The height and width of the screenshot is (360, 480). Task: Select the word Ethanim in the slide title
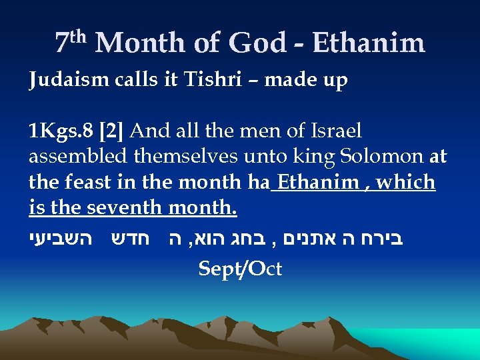click(369, 44)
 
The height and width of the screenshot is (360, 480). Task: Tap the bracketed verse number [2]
click(110, 131)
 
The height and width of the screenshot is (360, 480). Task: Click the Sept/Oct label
click(241, 269)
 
